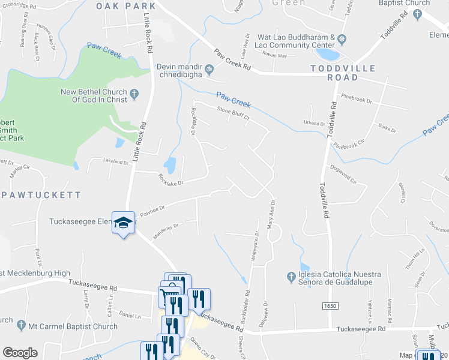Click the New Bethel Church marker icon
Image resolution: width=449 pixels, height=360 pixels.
coord(134,95)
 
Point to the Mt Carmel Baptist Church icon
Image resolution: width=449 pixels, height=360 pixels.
coord(22,327)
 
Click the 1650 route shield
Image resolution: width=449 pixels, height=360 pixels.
coord(330,306)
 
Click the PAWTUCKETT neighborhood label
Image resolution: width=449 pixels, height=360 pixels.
coord(41,195)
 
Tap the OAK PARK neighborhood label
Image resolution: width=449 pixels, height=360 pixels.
coord(125,6)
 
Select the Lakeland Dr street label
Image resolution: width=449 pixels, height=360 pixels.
coord(116,161)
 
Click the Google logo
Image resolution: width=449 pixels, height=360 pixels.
coord(20,353)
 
